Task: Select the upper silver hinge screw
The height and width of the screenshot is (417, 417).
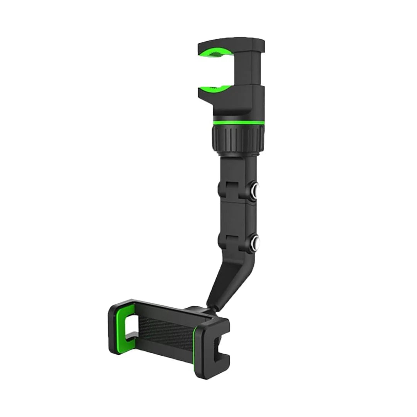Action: click(x=256, y=190)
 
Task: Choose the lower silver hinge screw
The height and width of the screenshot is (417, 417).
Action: click(x=256, y=243)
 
